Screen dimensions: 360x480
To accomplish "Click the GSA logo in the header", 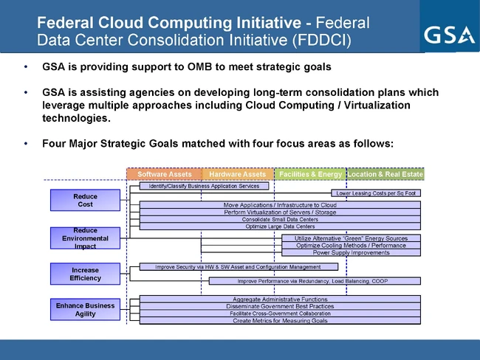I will [448, 35].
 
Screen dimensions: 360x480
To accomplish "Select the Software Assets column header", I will [164, 174].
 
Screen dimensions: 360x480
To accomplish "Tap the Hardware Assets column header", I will [237, 174].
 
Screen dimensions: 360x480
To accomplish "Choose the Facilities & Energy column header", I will [310, 174].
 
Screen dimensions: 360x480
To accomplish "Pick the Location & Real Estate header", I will [385, 174].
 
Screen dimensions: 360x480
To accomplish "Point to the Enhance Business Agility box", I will [84, 309].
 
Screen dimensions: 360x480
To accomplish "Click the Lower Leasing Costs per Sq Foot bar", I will [375, 193].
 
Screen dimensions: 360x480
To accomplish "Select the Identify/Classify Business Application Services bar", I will [199, 186].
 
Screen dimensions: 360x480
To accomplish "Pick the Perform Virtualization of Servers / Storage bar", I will [280, 212].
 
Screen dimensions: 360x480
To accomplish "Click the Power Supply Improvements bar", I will [351, 252].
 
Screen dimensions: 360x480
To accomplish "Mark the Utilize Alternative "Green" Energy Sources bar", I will [351, 238].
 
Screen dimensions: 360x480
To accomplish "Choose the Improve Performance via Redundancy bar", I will [314, 281].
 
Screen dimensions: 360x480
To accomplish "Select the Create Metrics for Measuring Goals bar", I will [280, 321].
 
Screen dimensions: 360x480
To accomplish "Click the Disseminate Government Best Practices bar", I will [280, 306].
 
